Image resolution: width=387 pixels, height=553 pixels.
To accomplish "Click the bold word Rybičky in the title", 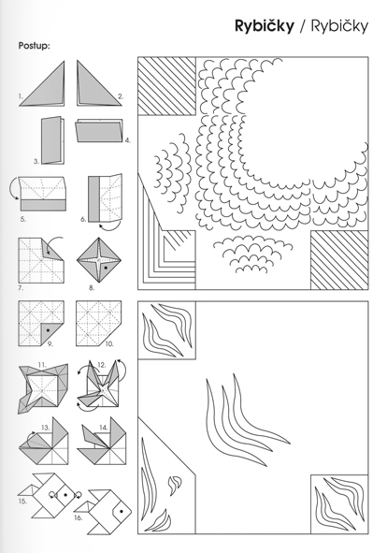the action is point(265,26).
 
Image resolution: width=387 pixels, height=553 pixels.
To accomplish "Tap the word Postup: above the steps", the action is point(35,46).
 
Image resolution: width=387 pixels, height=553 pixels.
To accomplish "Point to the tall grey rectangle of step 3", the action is point(50,139).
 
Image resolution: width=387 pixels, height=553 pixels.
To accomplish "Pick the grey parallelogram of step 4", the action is point(99,132).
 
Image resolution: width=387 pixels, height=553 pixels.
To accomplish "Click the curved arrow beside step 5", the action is point(13,188).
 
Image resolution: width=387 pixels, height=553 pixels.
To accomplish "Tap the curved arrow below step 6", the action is point(110,226).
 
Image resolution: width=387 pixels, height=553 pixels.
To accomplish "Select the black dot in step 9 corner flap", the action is point(48,329).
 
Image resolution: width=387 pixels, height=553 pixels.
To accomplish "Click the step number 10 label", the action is point(109,343).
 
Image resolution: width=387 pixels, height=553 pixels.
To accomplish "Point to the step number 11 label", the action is point(42,365).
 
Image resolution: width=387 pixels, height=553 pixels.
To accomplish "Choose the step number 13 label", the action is point(46,428).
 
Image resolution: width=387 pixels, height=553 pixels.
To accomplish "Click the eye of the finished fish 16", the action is point(122,511).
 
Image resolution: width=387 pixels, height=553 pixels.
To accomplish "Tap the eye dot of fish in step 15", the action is point(65,494).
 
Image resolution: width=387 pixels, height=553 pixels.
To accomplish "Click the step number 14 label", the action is point(104,428).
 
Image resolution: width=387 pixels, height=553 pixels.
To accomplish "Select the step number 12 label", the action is point(102,365).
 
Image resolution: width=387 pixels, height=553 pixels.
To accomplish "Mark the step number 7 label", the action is point(21,288).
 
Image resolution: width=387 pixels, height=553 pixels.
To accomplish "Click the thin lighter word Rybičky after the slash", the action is point(339,26).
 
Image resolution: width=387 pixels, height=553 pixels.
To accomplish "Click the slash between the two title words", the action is point(303,26).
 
